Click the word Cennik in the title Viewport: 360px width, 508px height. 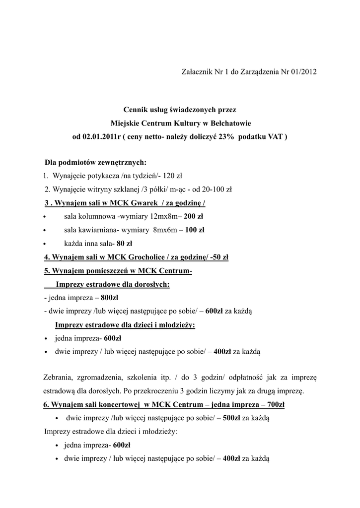click(136, 109)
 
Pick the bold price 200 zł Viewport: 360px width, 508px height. click(193, 216)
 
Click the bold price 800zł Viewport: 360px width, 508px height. click(109, 298)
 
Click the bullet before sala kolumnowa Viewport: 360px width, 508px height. click(45, 217)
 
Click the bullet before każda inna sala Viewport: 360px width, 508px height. click(45, 244)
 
